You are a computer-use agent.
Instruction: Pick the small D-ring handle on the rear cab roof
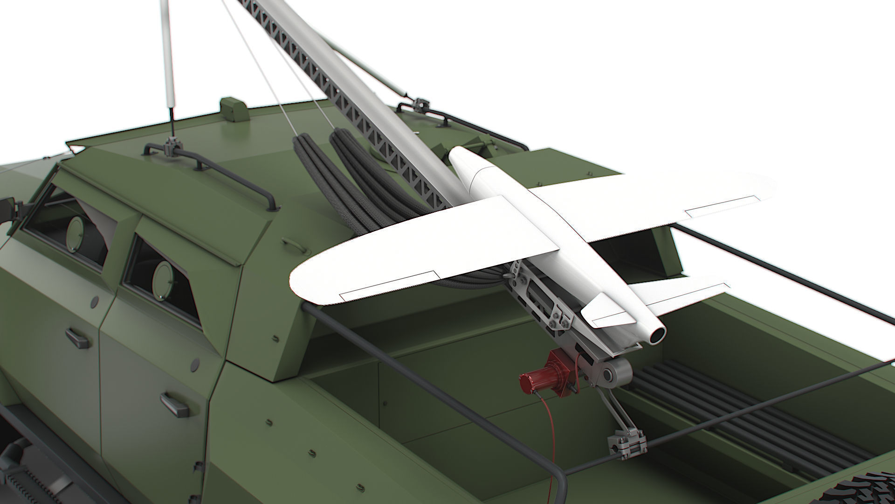[290, 243]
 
